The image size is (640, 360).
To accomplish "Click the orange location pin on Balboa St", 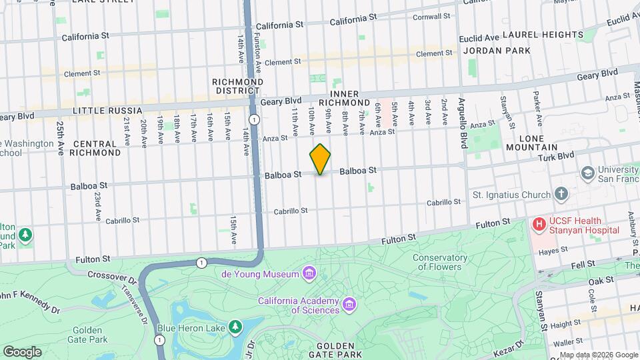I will [320, 159].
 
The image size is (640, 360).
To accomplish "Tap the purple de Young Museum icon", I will [308, 273].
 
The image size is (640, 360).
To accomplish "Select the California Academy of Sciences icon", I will [349, 305].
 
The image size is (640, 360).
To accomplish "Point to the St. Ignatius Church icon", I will [561, 195].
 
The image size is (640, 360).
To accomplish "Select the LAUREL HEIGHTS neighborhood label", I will [543, 35].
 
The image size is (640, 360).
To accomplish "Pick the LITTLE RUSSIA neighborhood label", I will [107, 110].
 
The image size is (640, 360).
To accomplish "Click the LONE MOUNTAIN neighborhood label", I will [535, 143].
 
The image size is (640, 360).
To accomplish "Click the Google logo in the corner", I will [22, 351].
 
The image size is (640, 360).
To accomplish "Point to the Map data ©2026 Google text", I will [598, 355].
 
